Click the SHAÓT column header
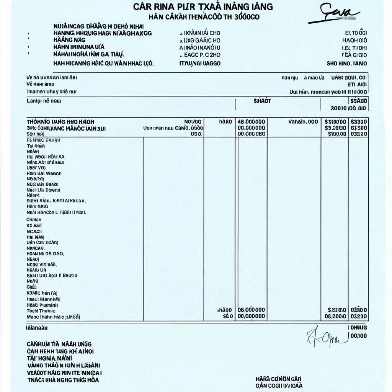[262, 101]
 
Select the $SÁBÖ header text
[359, 101]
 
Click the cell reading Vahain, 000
[303, 121]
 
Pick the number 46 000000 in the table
[251, 121]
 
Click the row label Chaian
[34, 220]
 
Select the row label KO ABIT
[34, 225]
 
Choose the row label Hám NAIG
[38, 206]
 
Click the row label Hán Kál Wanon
[44, 173]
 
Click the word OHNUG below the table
[359, 328]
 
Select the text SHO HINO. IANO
[347, 64]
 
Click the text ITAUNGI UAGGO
[200, 64]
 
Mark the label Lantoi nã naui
[44, 101]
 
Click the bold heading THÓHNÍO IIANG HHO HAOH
[60, 121]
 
